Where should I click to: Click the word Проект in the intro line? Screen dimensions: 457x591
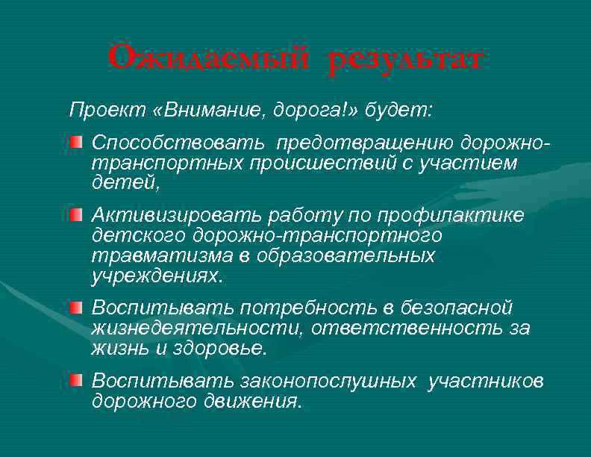99,111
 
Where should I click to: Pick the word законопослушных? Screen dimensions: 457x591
328,382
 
